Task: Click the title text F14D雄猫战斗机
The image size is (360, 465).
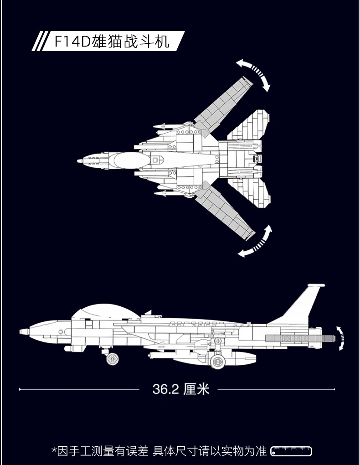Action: (112, 41)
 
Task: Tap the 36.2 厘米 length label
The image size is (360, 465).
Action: (181, 389)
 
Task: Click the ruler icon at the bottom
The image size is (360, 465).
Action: (291, 451)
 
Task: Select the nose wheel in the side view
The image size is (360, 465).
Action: (113, 359)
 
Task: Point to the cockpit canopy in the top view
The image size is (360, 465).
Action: (129, 160)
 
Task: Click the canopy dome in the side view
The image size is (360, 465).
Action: (106, 312)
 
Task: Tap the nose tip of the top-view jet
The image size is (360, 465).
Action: (77, 161)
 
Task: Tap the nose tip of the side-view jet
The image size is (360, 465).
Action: (20, 331)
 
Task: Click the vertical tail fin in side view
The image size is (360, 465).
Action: (299, 305)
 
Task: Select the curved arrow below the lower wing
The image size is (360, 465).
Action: (256, 242)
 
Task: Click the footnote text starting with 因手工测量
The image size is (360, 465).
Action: (159, 451)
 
